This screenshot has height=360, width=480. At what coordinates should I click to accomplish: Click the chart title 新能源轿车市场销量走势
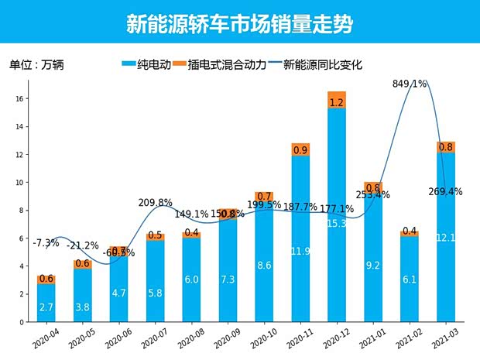pyautogui.click(x=239, y=24)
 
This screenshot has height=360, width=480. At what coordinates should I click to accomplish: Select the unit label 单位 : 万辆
pyautogui.click(x=36, y=65)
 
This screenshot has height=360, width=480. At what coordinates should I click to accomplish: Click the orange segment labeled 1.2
pyautogui.click(x=337, y=101)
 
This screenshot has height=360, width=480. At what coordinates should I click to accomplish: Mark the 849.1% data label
pyautogui.click(x=410, y=84)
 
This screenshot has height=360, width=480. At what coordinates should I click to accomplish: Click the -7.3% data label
pyautogui.click(x=46, y=243)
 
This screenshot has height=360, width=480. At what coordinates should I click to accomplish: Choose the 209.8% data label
pyautogui.click(x=156, y=203)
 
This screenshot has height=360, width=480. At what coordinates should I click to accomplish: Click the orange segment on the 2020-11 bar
pyautogui.click(x=300, y=149)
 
